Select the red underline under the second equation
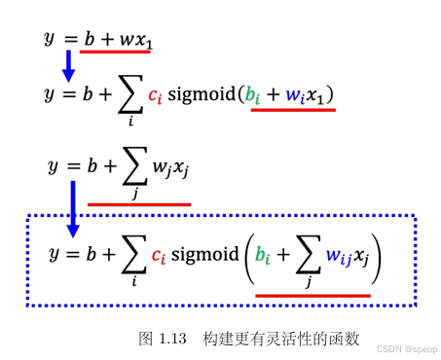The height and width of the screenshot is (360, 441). point(293,110)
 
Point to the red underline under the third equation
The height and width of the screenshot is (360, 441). point(138,203)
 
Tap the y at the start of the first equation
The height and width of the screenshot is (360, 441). point(50,38)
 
